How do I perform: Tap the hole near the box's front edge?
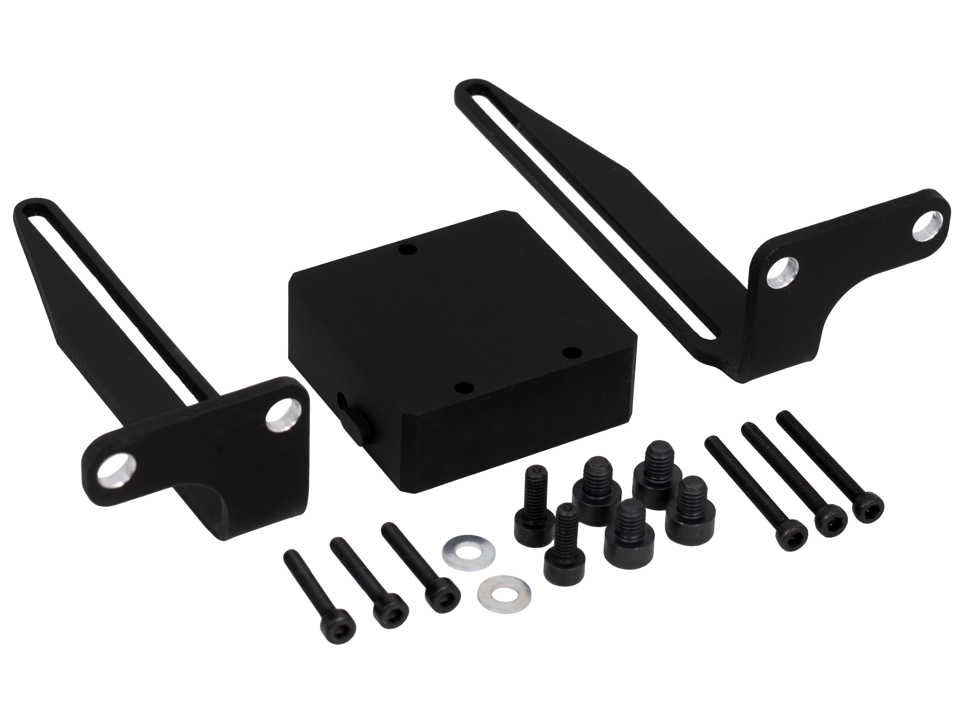463,386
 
